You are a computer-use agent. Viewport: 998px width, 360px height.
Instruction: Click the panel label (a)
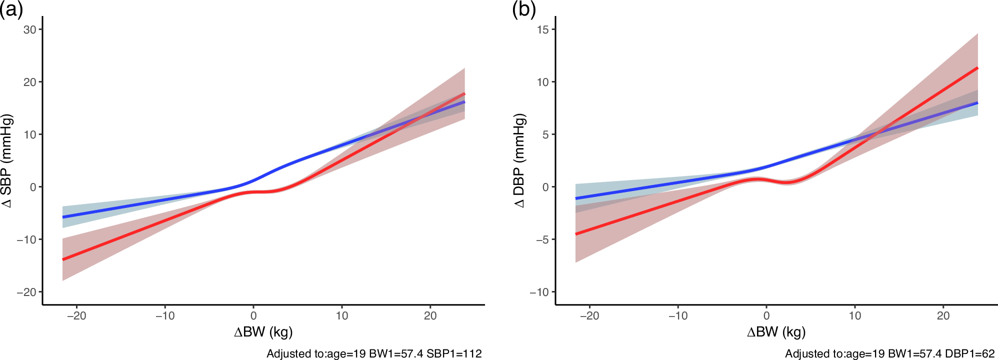tap(11, 9)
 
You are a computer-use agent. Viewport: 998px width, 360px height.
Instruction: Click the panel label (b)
tap(524, 9)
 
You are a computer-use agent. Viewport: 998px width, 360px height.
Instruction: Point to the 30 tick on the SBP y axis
tap(30, 29)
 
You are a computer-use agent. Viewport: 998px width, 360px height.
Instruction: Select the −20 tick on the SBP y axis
tap(27, 292)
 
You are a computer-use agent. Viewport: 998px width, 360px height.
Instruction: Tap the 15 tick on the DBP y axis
tap(543, 29)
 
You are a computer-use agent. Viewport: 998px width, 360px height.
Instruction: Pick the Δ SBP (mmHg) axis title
tap(7, 161)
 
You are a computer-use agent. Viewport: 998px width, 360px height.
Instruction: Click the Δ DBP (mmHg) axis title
tap(520, 161)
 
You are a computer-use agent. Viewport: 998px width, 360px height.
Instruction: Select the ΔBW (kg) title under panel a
tap(263, 332)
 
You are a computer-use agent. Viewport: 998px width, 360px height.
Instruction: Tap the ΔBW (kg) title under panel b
tap(776, 332)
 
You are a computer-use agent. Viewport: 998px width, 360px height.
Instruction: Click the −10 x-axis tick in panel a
tap(165, 316)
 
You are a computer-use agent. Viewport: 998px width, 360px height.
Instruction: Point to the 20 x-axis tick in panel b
tap(943, 316)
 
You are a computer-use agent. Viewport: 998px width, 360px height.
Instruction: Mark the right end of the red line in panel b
tap(977, 68)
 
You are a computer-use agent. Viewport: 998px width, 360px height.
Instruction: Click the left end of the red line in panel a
tap(63, 259)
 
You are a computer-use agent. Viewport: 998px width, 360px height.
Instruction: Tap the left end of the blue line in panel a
tap(63, 217)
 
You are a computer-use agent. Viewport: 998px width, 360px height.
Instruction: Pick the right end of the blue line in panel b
tap(977, 103)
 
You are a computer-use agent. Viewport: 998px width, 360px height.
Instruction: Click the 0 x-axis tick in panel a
tap(253, 316)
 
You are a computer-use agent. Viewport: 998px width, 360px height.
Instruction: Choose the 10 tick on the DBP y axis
tap(543, 82)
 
